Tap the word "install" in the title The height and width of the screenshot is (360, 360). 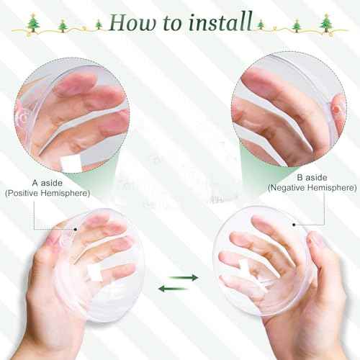coord(220,24)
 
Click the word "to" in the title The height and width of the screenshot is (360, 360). coord(172,24)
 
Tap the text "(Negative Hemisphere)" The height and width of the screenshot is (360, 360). coord(312,188)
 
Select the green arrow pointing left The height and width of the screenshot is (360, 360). coord(169,289)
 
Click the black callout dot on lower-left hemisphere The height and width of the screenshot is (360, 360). coord(76,231)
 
